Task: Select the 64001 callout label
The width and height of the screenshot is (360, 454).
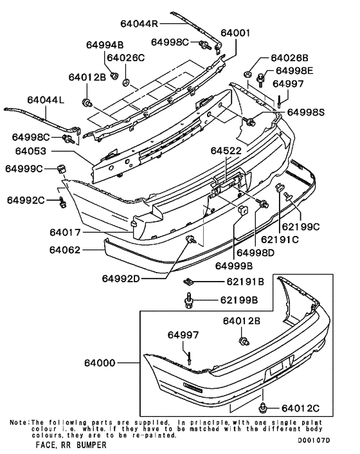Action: (x=235, y=32)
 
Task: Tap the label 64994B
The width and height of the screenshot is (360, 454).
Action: (x=104, y=45)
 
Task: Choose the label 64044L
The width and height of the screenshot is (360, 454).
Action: (x=46, y=100)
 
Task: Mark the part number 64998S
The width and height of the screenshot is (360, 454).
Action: (x=306, y=112)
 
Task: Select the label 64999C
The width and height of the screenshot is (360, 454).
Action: (x=24, y=168)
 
